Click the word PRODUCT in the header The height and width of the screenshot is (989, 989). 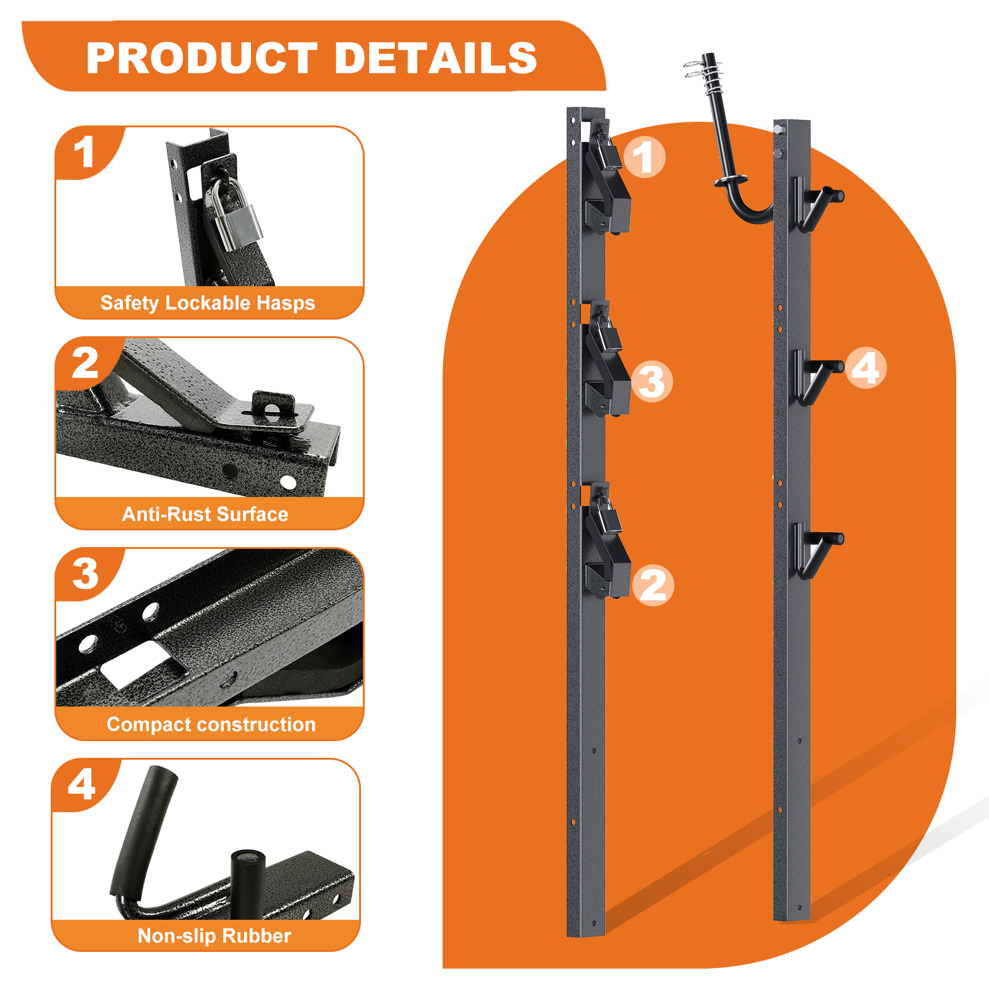[202, 58]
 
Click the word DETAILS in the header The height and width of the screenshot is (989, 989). [436, 58]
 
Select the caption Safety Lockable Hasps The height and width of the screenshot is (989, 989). [208, 303]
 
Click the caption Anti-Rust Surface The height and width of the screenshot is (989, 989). [205, 514]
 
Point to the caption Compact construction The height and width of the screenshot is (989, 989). [211, 724]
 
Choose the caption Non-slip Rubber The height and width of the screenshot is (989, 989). [214, 936]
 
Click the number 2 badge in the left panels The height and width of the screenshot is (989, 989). [85, 363]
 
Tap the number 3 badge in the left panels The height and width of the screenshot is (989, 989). [85, 574]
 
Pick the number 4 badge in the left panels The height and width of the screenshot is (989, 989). [82, 785]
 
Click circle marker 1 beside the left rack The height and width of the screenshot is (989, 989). [644, 157]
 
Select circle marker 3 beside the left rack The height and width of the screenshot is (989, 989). [652, 381]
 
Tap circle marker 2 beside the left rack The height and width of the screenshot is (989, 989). [653, 585]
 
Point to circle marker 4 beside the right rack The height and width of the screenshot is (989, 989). [865, 368]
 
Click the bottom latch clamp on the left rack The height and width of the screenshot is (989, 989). [607, 556]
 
